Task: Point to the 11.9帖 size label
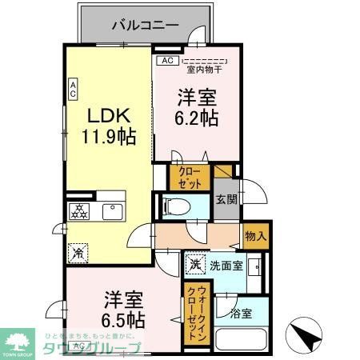point(106,137)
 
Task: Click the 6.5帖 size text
point(122,319)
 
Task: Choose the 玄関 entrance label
point(226,199)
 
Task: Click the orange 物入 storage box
point(255,236)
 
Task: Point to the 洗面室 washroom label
point(227,265)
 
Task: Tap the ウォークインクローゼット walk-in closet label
point(194,314)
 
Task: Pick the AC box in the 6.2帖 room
point(166,60)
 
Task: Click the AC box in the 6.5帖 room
point(78,346)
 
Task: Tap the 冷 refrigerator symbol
point(78,252)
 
